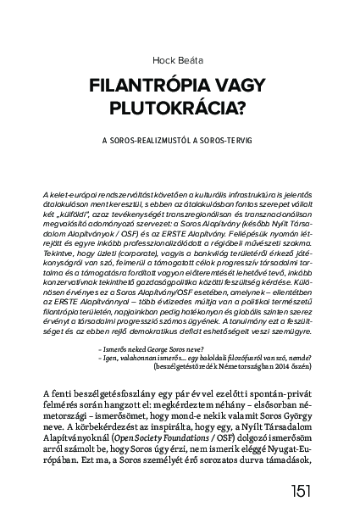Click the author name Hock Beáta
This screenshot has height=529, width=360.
(180, 58)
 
